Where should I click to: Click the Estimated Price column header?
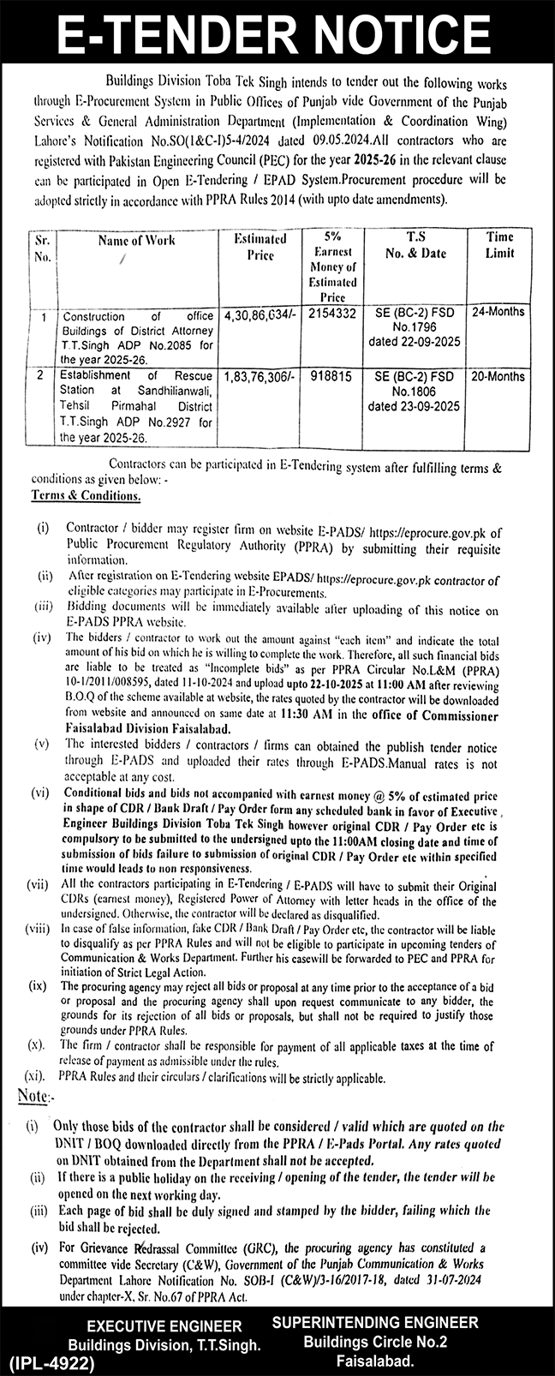tap(260, 247)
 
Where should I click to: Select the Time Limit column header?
tap(499, 245)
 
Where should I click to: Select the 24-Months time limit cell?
tap(498, 312)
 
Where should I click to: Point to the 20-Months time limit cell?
tap(498, 375)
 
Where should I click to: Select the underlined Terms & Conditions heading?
tap(87, 496)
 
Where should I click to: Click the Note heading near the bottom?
tap(36, 1096)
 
